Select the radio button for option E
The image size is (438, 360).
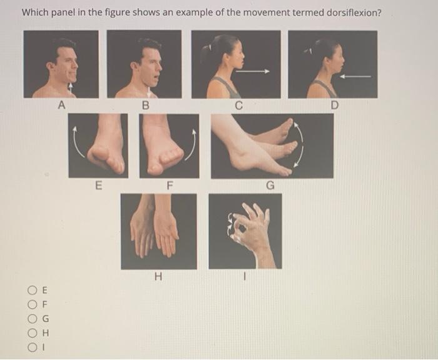(32, 290)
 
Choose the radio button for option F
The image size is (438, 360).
(32, 304)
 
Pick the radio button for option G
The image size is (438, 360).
(32, 318)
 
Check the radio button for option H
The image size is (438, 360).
(32, 332)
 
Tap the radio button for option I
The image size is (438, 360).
(32, 347)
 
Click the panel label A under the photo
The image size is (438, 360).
(61, 106)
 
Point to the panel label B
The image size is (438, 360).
(146, 106)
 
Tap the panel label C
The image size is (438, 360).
(238, 106)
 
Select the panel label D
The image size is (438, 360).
(334, 106)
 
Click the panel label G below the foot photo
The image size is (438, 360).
(270, 185)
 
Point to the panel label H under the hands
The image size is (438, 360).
(158, 276)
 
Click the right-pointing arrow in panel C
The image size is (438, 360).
(253, 71)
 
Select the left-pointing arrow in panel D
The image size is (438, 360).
(355, 76)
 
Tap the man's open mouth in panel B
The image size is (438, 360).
(157, 76)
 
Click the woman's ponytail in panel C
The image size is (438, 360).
(206, 51)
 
